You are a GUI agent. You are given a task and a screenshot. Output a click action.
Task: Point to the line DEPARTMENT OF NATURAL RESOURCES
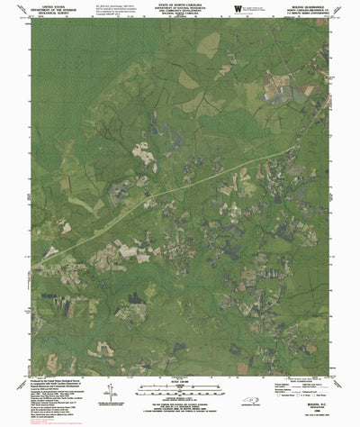click(180, 10)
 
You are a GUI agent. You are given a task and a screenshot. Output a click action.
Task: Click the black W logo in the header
click(237, 10)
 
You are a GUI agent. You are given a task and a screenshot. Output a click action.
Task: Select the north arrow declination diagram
click(109, 395)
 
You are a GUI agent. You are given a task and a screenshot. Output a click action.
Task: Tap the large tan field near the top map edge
click(208, 44)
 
